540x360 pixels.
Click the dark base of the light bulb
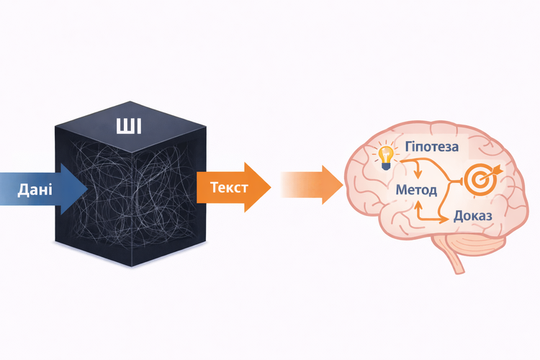tap(387, 166)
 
